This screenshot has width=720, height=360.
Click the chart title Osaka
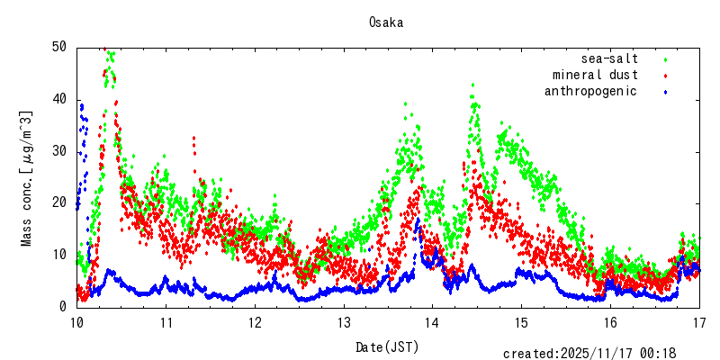point(385,22)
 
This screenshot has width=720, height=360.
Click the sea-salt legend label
point(609,58)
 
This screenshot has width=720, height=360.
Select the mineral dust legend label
point(595,75)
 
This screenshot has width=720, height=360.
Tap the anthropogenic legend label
point(590,91)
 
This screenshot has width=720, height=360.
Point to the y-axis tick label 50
point(59,47)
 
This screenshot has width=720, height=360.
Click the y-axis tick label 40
point(59,99)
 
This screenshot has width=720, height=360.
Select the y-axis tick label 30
point(59,151)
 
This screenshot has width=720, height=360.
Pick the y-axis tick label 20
point(59,202)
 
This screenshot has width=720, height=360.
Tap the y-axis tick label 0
point(63,307)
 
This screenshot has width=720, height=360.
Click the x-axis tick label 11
point(166,322)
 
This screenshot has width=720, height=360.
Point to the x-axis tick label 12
point(255,322)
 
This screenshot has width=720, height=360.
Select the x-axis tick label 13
point(344,322)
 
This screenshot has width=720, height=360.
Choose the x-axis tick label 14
point(432,322)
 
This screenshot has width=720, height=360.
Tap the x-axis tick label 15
point(521,322)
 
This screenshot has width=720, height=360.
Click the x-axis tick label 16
point(610,322)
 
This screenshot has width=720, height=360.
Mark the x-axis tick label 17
point(698,322)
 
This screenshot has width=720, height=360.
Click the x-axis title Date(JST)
point(387,346)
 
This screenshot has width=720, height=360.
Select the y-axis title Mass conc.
point(27,178)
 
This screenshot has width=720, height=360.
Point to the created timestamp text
point(589,354)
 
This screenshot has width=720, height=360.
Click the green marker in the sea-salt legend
point(666,59)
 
